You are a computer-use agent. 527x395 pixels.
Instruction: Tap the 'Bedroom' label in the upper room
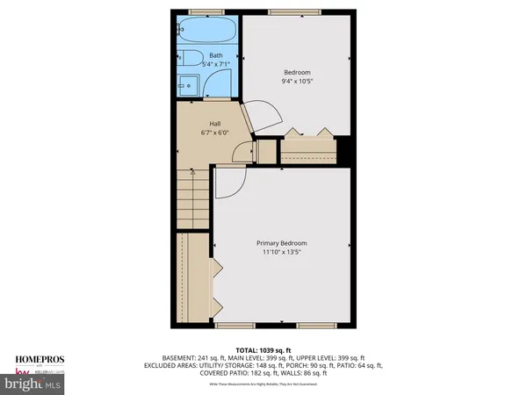[297, 71]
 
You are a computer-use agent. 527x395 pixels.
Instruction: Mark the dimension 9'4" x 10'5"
[297, 81]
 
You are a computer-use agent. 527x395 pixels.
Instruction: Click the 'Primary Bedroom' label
[282, 243]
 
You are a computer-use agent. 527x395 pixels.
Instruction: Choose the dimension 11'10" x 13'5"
[282, 253]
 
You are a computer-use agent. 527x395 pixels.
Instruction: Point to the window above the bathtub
[207, 12]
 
